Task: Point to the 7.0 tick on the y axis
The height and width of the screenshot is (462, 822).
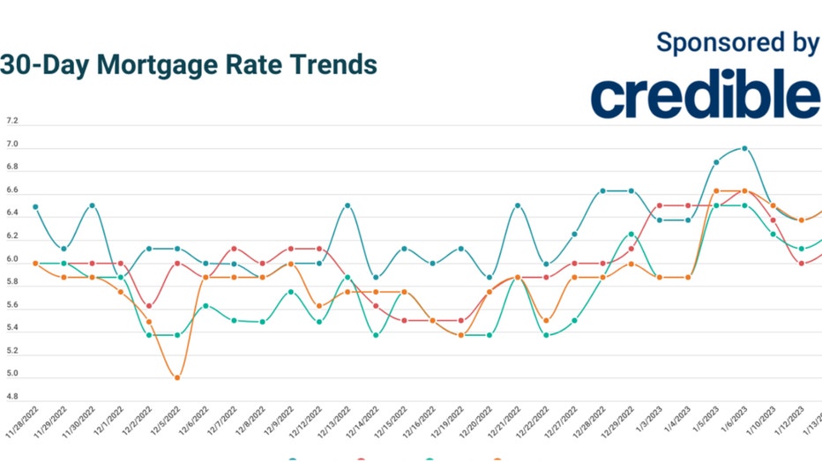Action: pyautogui.click(x=12, y=144)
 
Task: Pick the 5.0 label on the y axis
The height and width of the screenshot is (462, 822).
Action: pyautogui.click(x=12, y=374)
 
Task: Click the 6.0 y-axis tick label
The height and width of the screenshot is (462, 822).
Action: pyautogui.click(x=12, y=259)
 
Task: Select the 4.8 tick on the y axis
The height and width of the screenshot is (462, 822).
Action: pyautogui.click(x=12, y=397)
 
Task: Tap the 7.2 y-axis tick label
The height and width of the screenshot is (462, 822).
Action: pyautogui.click(x=12, y=121)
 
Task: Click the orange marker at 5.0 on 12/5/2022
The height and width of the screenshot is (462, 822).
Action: pyautogui.click(x=177, y=377)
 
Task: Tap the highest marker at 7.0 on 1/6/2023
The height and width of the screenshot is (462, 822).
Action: pyautogui.click(x=745, y=149)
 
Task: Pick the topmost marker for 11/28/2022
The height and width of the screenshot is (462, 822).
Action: pyautogui.click(x=35, y=206)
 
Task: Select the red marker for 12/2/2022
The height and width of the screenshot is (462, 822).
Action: pyautogui.click(x=149, y=306)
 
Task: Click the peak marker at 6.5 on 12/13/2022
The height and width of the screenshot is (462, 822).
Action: pyautogui.click(x=347, y=205)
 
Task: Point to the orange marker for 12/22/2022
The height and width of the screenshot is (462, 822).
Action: pyautogui.click(x=547, y=320)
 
